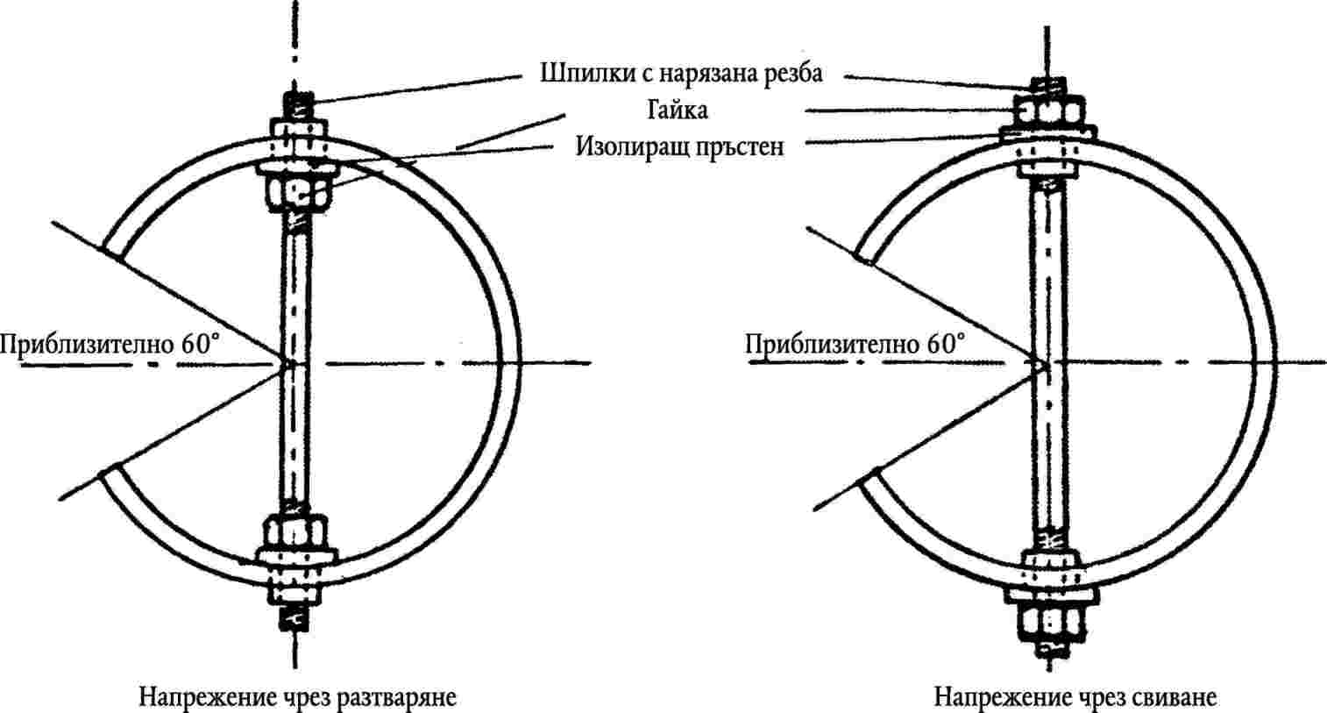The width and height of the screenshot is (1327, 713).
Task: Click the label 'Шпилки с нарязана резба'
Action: (681, 74)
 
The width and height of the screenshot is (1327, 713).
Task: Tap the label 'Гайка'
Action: (678, 111)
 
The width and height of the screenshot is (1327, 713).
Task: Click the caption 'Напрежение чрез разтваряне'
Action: (298, 697)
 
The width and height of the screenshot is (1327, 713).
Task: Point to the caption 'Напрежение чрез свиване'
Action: (1075, 697)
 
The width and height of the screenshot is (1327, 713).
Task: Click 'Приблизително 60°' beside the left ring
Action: (109, 345)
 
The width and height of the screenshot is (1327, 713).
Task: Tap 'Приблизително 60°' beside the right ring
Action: (855, 345)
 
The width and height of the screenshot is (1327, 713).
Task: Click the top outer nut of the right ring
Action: (1047, 111)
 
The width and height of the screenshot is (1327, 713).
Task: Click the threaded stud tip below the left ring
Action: (294, 618)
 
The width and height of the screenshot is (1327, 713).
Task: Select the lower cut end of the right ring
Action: (868, 477)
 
